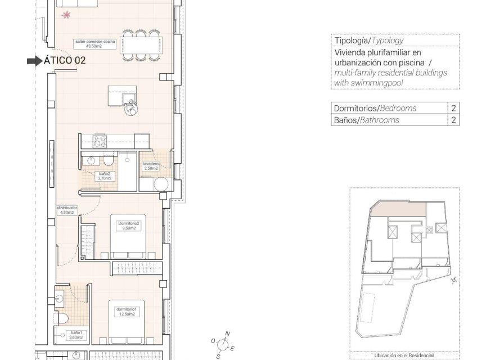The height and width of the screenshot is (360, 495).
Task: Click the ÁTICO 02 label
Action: click(65, 61)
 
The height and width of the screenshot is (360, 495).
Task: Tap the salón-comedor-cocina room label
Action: click(94, 43)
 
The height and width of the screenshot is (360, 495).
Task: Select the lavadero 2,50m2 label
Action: click(151, 166)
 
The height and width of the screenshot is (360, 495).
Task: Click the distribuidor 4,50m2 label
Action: click(66, 210)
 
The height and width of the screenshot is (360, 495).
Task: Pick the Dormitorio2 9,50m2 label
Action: click(128, 226)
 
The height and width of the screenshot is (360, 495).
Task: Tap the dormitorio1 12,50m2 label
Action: click(127, 312)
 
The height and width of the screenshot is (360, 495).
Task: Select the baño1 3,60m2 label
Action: click(77, 335)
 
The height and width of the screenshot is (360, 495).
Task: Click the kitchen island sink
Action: click(130, 102)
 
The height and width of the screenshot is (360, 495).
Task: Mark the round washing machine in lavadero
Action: click(162, 184)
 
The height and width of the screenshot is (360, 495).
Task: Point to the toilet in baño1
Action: click(62, 318)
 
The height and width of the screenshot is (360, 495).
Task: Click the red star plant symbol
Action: click(67, 15)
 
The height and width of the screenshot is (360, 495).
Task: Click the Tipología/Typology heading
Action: click(369, 40)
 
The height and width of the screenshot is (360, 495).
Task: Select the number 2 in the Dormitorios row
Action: click(453, 108)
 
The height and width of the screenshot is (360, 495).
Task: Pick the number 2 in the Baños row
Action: click(453, 120)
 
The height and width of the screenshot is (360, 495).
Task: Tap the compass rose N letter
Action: click(228, 334)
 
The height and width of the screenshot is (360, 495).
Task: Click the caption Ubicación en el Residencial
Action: click(404, 355)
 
